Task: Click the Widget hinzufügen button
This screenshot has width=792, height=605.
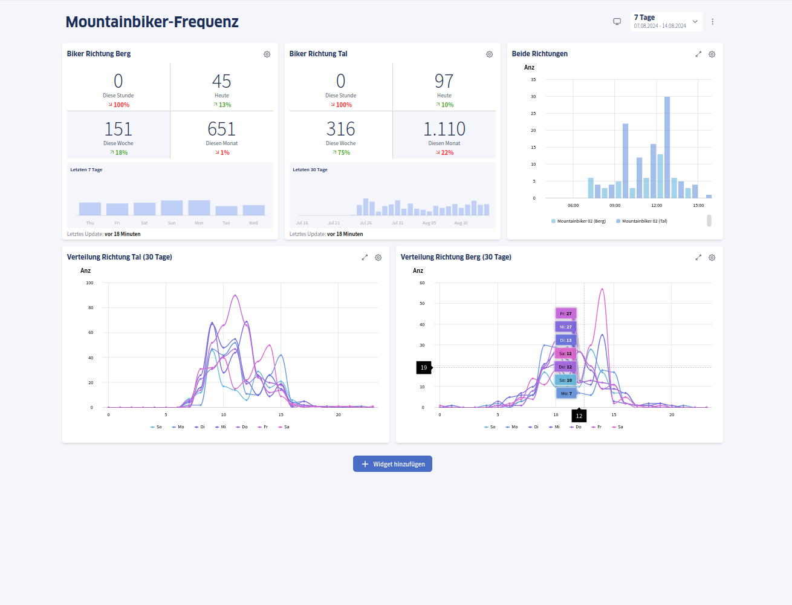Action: [392, 464]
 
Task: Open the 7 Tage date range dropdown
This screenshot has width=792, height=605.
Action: [666, 21]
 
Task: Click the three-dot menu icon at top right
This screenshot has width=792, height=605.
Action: [712, 22]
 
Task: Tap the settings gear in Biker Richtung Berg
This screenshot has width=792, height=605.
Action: [267, 54]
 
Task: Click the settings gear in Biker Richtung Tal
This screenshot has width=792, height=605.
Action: [489, 54]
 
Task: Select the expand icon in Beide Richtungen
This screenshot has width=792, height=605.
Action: [698, 54]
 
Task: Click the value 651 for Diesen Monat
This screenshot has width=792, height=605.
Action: [221, 129]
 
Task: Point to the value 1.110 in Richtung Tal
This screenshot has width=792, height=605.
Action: [444, 129]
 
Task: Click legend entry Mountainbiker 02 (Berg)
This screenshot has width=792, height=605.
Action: [579, 221]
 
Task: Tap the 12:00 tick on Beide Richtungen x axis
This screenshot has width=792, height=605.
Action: [657, 206]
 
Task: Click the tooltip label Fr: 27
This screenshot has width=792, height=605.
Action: [566, 313]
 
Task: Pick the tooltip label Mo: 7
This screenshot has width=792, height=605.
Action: [566, 393]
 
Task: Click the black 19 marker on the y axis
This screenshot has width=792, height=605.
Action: [424, 367]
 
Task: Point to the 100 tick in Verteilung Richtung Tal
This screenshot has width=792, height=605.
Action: [89, 283]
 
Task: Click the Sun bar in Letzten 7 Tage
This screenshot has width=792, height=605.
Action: [172, 208]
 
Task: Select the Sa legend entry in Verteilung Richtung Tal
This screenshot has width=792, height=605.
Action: [284, 427]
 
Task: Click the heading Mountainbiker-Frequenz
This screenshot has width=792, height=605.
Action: [152, 22]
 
